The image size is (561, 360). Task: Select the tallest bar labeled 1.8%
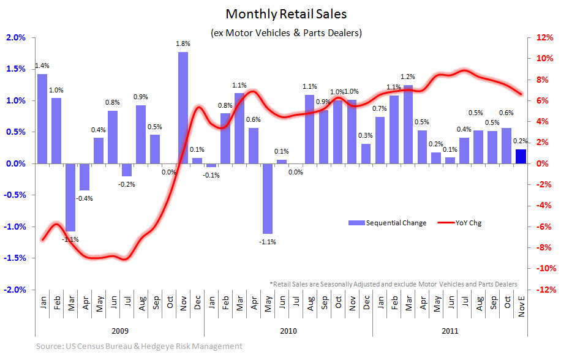(183, 107)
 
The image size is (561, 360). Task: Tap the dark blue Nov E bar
(520, 156)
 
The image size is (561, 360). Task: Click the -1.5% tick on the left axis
(15, 258)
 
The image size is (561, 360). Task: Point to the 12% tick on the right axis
(546, 37)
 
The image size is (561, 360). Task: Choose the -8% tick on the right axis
(546, 248)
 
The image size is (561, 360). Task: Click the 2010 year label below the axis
(288, 331)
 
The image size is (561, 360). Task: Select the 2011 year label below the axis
(449, 331)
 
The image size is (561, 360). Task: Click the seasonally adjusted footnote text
(393, 284)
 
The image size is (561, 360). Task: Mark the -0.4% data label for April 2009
(85, 197)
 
